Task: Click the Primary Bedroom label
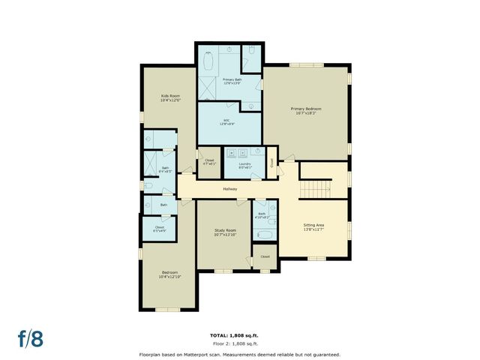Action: tap(305, 110)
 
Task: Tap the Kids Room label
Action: tap(170, 98)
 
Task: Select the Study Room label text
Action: tap(225, 232)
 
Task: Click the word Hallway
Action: tap(230, 188)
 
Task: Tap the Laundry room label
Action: tap(244, 165)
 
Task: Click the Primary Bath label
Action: tap(232, 81)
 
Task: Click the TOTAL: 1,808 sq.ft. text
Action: tap(239, 335)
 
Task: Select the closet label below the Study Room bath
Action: tap(265, 256)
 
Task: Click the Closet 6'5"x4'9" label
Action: tap(160, 229)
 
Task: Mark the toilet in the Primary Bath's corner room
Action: tap(251, 52)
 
